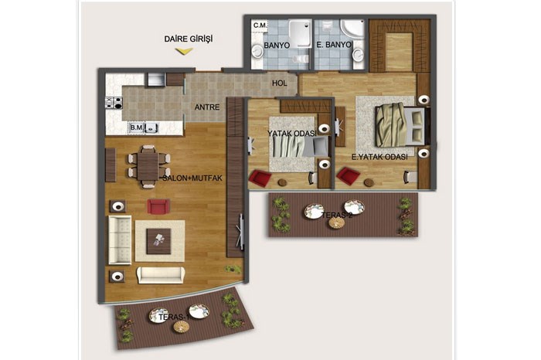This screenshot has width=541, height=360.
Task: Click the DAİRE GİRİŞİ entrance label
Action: click(189, 39)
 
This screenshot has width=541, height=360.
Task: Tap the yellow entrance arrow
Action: click(184, 52)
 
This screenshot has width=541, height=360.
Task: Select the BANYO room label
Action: click(277, 45)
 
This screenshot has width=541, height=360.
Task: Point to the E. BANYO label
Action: click(334, 45)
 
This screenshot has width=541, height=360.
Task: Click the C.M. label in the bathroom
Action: click(260, 25)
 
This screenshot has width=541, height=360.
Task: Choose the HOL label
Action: click(280, 83)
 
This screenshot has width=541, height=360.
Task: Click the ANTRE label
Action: click(206, 107)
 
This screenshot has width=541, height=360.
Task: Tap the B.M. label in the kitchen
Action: click(136, 127)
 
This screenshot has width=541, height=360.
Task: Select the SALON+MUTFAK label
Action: click(192, 178)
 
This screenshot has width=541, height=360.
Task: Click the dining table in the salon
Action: click(148, 166)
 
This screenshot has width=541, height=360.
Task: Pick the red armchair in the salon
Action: click(158, 206)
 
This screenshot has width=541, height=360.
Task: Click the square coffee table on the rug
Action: click(158, 241)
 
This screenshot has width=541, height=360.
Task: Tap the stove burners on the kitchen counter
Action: click(114, 103)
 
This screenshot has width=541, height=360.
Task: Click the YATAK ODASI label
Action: click(292, 134)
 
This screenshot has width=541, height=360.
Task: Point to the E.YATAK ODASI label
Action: click(379, 157)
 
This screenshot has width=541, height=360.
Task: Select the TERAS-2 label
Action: click(337, 216)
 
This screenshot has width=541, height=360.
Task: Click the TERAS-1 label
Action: click(174, 317)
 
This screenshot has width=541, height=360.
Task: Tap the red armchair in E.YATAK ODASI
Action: click(349, 176)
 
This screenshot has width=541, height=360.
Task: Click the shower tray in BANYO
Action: click(300, 33)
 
